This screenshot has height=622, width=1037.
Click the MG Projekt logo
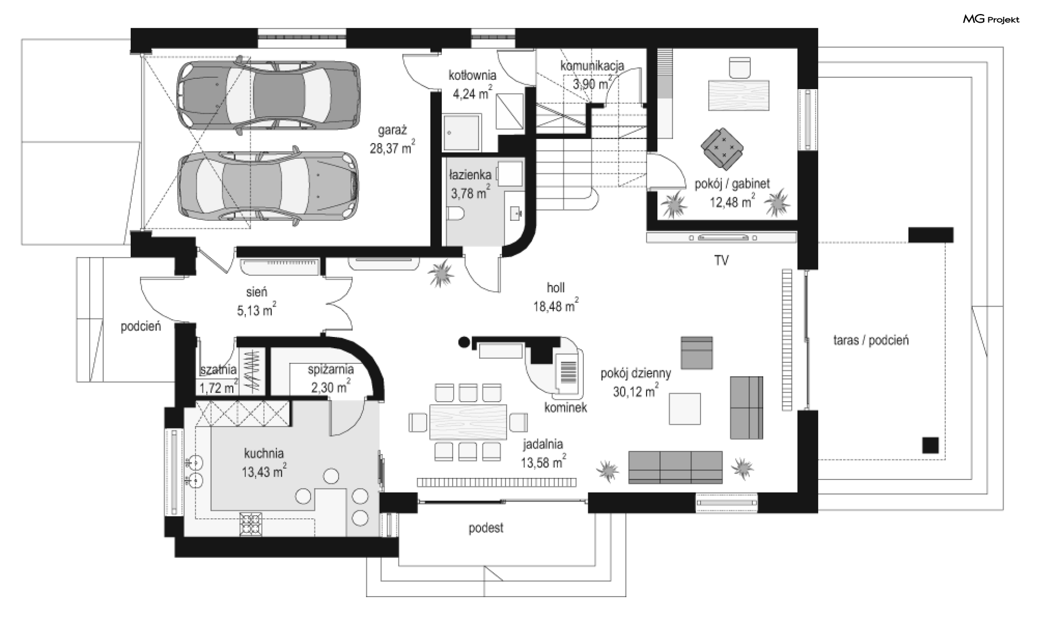[991, 20]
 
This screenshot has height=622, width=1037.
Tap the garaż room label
[392, 130]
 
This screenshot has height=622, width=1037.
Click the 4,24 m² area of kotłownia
[472, 93]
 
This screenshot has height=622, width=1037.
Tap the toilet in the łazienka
[457, 214]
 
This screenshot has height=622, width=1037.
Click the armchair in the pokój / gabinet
[722, 147]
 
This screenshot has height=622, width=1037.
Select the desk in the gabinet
[738, 95]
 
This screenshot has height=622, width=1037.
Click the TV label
[721, 260]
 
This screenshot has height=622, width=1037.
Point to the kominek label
[565, 408]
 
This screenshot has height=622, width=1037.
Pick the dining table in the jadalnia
[468, 422]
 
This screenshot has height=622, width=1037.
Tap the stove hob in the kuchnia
[251, 524]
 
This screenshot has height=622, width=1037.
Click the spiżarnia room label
[331, 370]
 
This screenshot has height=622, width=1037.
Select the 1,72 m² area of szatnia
[218, 388]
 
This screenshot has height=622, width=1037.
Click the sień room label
[257, 292]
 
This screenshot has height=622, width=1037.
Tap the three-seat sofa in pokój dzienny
[675, 467]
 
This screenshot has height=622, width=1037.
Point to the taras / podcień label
[871, 340]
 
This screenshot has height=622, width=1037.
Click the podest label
[486, 528]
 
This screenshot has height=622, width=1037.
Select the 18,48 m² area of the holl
[555, 306]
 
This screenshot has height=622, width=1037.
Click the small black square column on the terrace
[930, 445]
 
